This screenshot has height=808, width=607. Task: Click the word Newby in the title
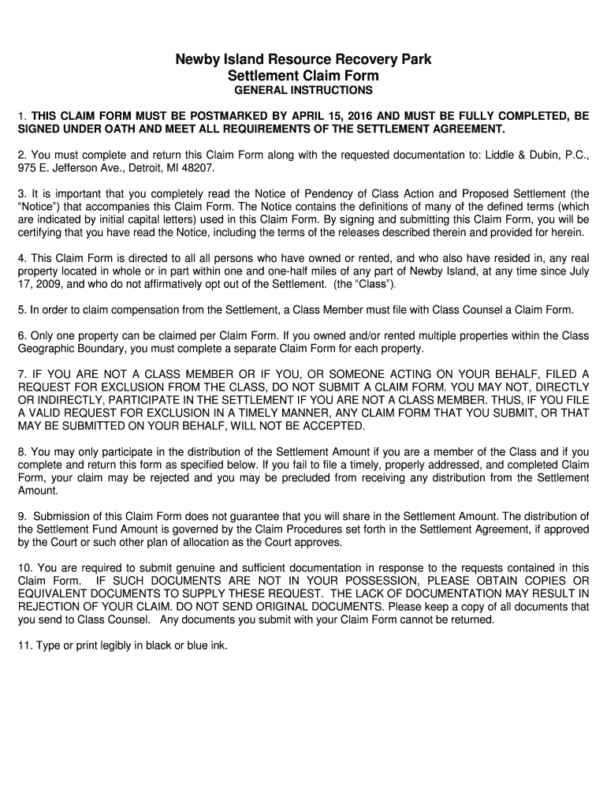197,60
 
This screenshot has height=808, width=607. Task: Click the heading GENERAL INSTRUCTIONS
303,91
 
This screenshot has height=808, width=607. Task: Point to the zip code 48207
197,170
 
